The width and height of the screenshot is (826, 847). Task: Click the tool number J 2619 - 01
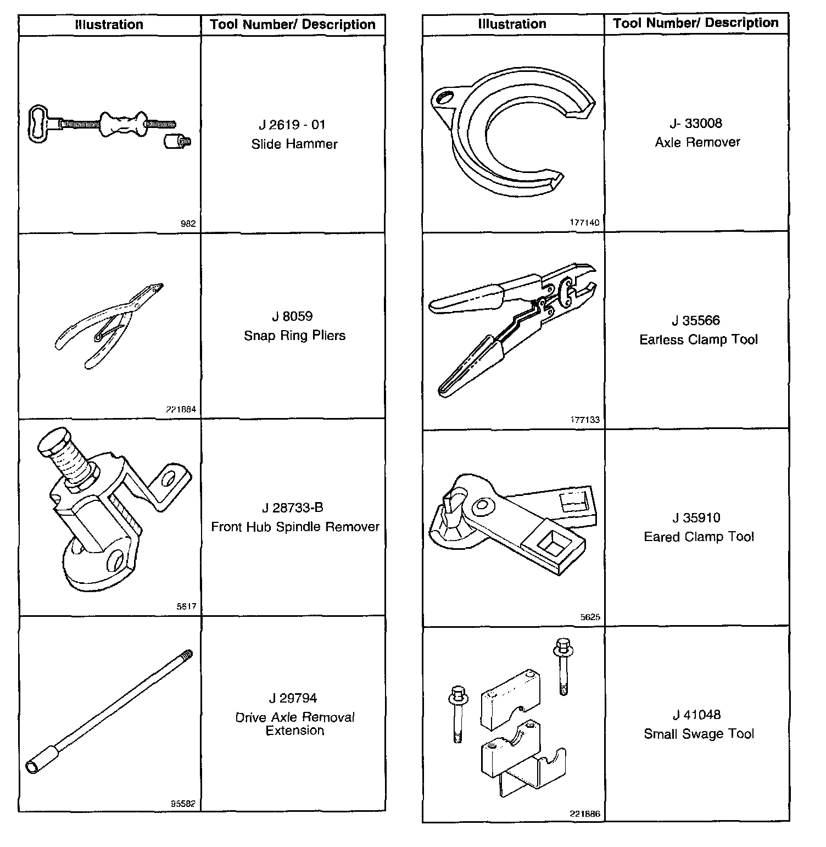(292, 125)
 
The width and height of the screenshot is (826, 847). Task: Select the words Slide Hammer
(294, 144)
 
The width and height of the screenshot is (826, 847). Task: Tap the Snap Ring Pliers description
(295, 336)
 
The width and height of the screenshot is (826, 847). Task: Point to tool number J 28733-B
(295, 508)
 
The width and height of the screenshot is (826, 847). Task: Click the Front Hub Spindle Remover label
(295, 527)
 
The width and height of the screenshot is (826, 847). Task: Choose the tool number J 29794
(293, 698)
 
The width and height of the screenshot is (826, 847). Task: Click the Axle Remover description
(697, 142)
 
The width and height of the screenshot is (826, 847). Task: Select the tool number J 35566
(696, 320)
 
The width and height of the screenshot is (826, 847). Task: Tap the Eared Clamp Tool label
(699, 537)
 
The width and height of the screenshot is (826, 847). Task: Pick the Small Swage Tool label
(699, 734)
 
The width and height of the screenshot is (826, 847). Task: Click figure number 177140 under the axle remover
(585, 222)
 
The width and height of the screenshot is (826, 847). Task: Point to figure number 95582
(183, 804)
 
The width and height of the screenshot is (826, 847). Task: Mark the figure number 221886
(585, 814)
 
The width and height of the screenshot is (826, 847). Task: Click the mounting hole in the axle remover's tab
(444, 98)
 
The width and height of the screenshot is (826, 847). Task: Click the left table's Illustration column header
(109, 25)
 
